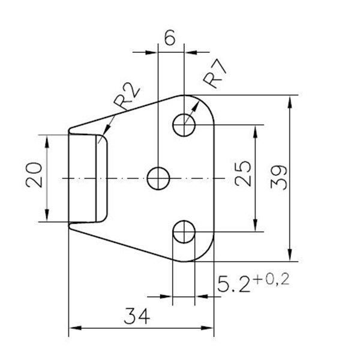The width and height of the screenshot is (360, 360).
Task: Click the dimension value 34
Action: tap(137, 316)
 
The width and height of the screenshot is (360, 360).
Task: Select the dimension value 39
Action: tap(279, 177)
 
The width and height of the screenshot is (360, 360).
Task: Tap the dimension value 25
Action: tap(243, 173)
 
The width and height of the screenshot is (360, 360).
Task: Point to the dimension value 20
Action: tap(34, 175)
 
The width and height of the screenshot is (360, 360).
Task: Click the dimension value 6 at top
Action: tap(170, 37)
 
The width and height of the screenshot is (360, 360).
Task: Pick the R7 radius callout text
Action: tap(215, 74)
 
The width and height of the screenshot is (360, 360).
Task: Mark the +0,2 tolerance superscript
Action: tap(272, 280)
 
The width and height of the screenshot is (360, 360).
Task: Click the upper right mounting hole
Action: tap(184, 125)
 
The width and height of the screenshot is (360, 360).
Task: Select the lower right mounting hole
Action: tap(184, 232)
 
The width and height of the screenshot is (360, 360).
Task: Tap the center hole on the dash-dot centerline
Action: tap(158, 178)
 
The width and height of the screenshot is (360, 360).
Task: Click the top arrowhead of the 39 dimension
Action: tap(290, 102)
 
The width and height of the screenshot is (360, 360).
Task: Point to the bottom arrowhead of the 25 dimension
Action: tap(255, 225)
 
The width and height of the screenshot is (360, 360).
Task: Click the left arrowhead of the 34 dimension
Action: tap(76, 328)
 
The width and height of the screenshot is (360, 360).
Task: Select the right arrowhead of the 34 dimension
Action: tap(208, 328)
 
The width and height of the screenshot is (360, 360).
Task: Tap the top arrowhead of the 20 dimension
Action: tap(47, 142)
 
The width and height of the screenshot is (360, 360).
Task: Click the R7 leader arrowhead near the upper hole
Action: tap(196, 107)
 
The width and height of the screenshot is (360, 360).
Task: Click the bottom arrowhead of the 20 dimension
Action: tap(47, 215)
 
